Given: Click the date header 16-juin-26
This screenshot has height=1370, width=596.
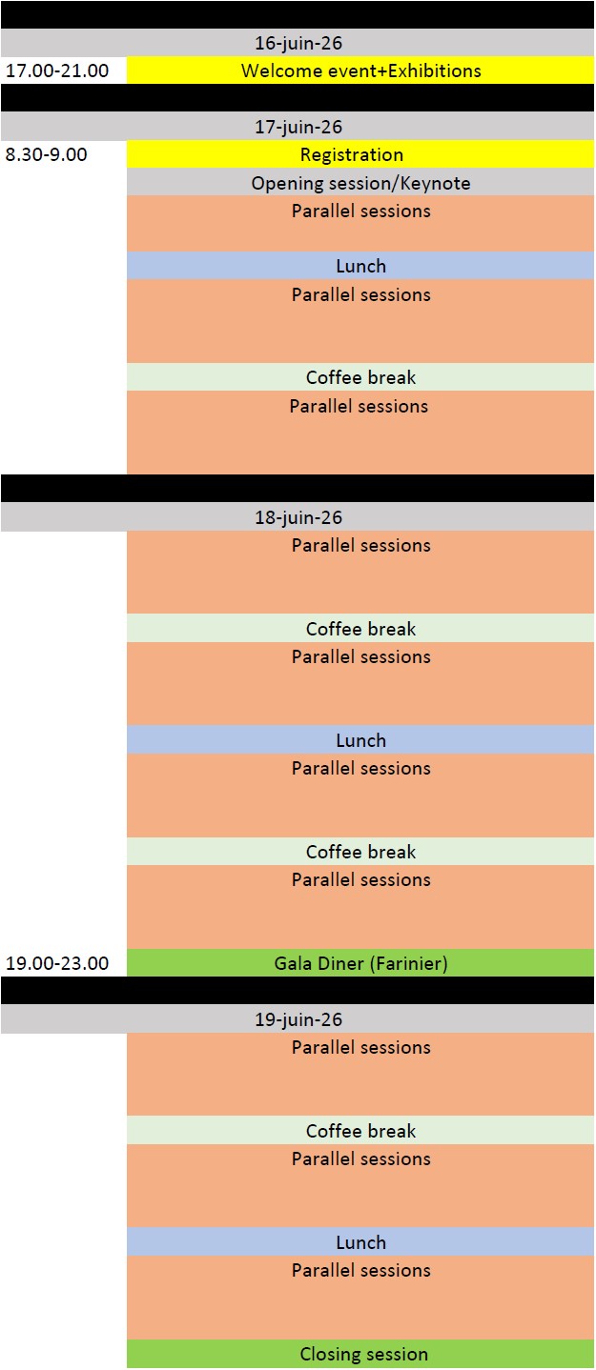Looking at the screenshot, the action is click(298, 43).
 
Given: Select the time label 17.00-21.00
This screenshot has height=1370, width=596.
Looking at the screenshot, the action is click(57, 71).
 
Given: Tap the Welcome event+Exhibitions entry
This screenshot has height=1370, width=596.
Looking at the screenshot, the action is click(361, 71).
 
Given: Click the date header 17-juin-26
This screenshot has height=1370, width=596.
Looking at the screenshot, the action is click(298, 127).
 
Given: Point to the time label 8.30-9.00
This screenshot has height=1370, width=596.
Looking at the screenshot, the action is click(46, 154).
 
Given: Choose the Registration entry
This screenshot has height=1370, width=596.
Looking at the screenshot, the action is click(352, 154).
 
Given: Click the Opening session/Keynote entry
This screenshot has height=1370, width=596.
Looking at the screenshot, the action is click(361, 183).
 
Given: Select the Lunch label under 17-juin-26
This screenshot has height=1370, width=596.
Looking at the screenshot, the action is click(361, 266).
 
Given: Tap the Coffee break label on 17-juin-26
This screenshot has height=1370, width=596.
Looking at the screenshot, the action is click(361, 377).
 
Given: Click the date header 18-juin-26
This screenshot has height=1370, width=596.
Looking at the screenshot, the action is click(298, 517).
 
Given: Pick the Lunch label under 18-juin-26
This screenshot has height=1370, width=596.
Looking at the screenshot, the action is click(361, 740).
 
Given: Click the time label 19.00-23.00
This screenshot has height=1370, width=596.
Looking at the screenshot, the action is click(57, 963).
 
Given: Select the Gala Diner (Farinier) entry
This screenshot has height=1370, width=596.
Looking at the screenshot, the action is click(361, 964).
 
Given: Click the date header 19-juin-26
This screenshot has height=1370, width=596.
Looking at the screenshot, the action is click(298, 1019).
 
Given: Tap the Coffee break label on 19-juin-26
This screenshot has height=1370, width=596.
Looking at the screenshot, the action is click(361, 1131).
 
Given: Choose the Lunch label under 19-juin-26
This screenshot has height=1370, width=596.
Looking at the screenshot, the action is click(361, 1242).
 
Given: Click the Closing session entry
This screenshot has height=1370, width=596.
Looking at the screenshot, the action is click(364, 1354).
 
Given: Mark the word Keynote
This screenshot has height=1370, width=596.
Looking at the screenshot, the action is click(436, 184).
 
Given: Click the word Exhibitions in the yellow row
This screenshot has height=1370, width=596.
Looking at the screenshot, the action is click(435, 71).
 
